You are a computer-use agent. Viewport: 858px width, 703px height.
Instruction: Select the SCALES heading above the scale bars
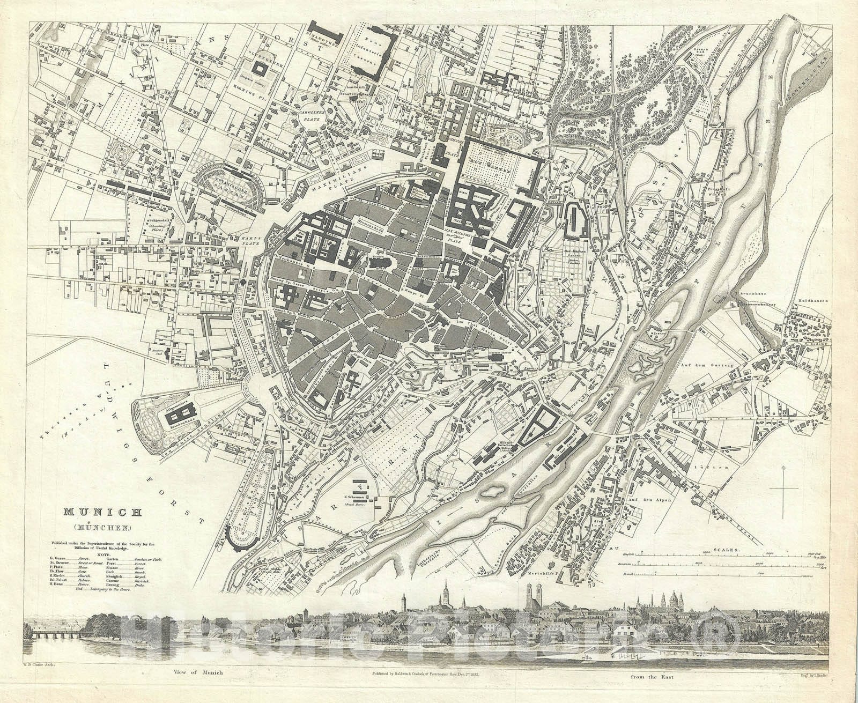tap(724, 550)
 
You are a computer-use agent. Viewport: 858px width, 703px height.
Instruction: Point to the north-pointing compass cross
tap(786, 487)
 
